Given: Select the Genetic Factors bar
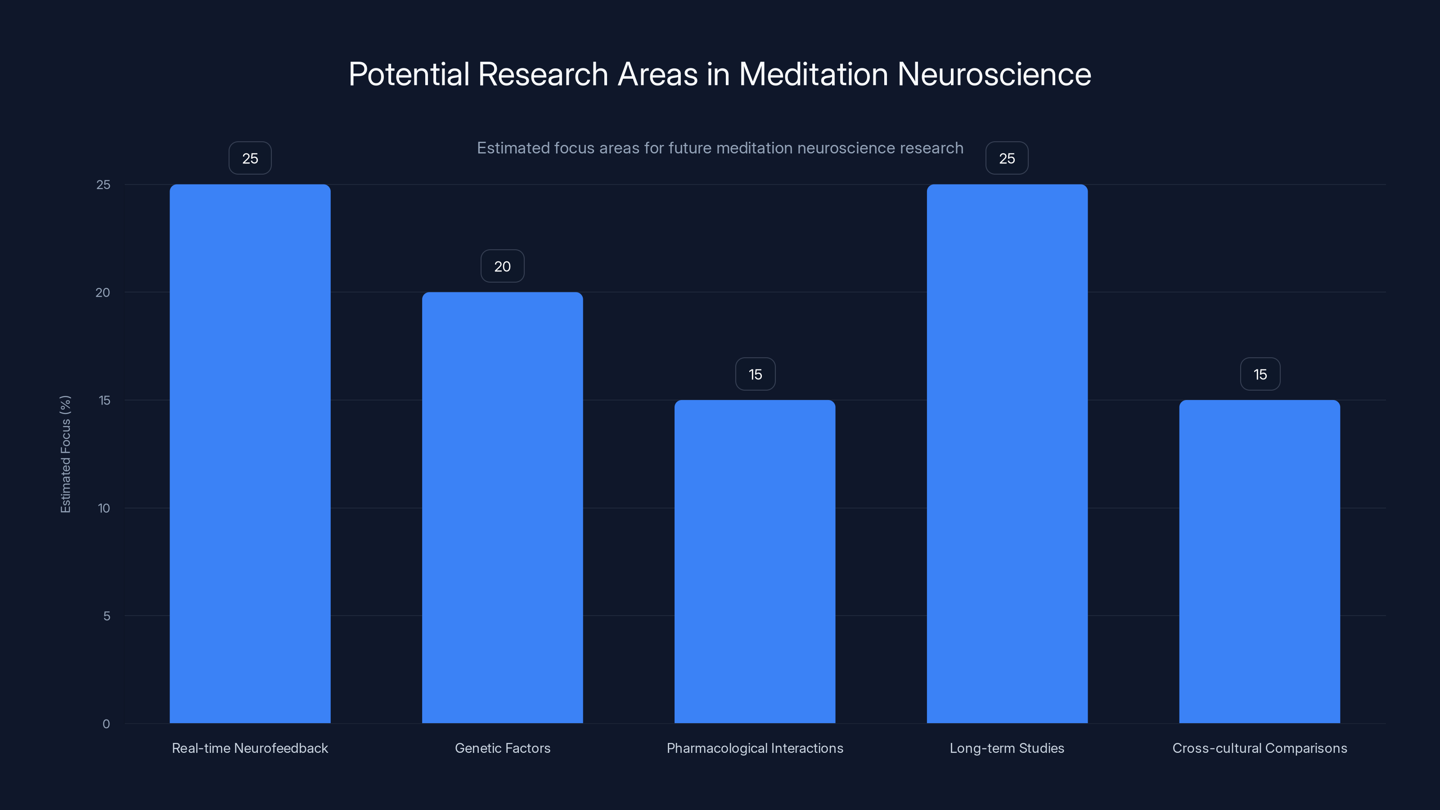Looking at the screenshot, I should tap(502, 508).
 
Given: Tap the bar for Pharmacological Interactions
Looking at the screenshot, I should tap(755, 561).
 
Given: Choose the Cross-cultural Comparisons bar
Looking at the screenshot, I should tap(1260, 561).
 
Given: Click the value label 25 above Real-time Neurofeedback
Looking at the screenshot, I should tap(250, 158).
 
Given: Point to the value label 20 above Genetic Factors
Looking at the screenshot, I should tap(502, 266).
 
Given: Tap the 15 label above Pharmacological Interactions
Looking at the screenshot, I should tap(755, 374).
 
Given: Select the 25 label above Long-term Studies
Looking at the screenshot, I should tap(1007, 158).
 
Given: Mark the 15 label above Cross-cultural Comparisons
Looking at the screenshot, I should tap(1260, 374).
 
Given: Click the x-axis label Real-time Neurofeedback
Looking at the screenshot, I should tap(250, 748).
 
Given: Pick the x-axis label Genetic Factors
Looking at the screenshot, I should tap(503, 748).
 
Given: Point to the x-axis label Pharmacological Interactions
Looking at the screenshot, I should tap(755, 748).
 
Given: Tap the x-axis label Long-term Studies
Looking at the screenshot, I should tap(1007, 748).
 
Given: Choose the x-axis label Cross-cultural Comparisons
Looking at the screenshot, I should tap(1260, 748).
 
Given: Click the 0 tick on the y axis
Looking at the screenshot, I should tap(106, 724).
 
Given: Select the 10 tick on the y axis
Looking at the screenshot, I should tap(104, 508).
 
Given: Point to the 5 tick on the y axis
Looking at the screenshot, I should tap(106, 616).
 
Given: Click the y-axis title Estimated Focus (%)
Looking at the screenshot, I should tap(65, 454).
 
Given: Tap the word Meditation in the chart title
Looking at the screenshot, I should tap(813, 74).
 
